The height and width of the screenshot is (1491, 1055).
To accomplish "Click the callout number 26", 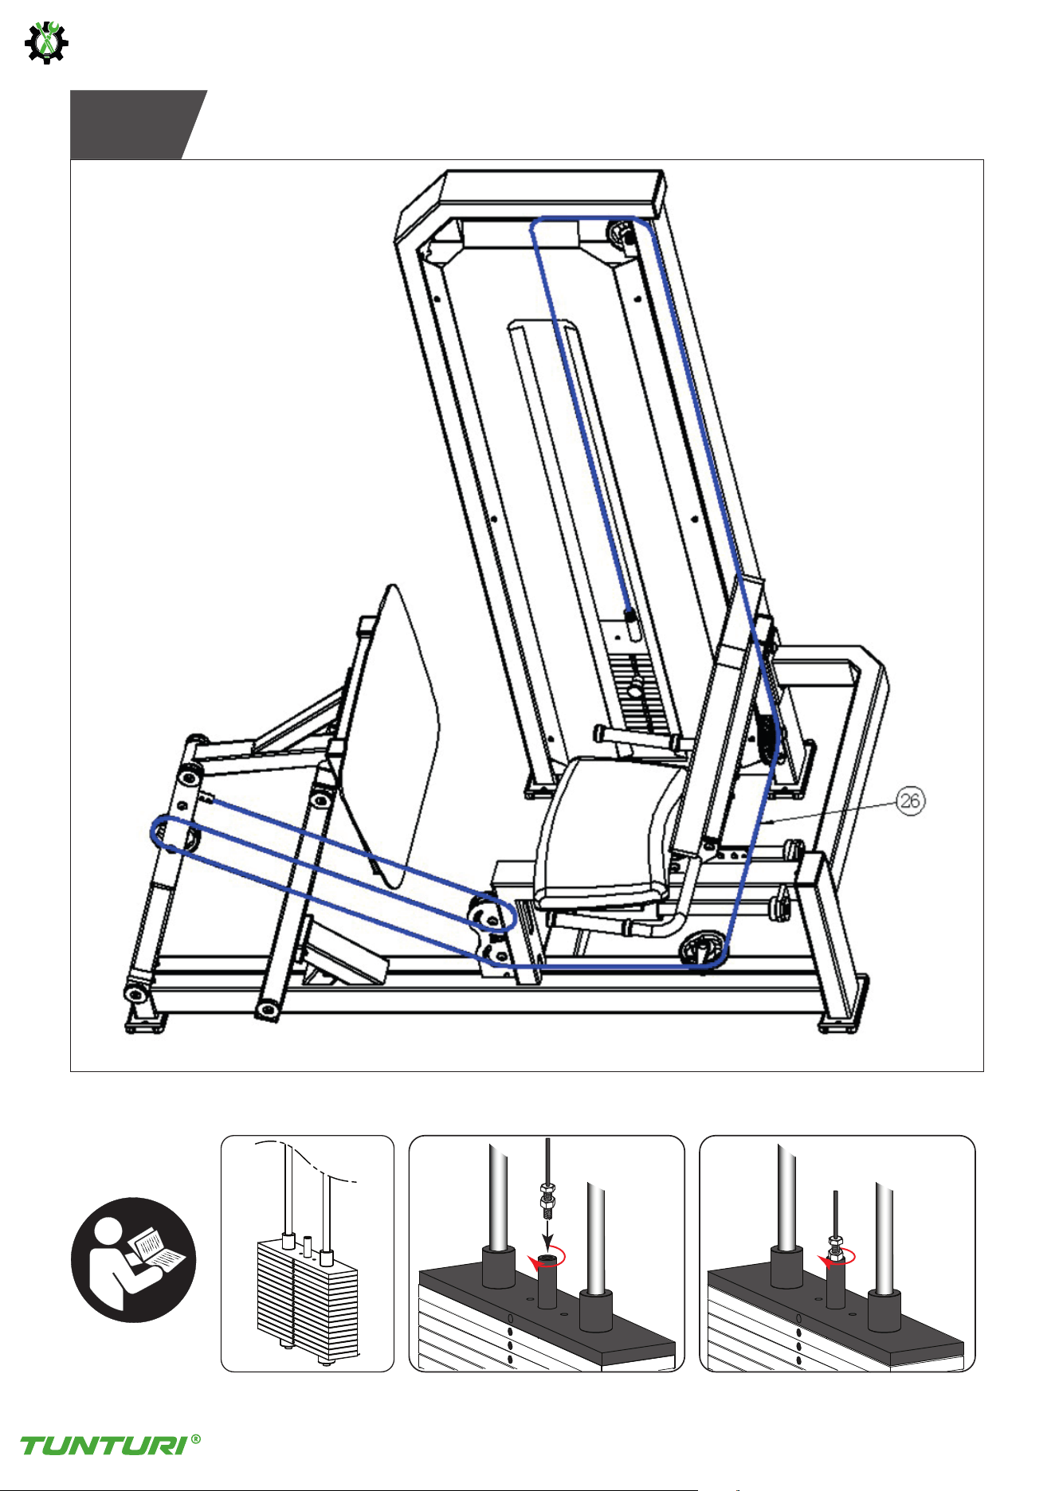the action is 911,800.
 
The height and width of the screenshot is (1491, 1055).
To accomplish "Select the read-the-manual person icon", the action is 133,1259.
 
